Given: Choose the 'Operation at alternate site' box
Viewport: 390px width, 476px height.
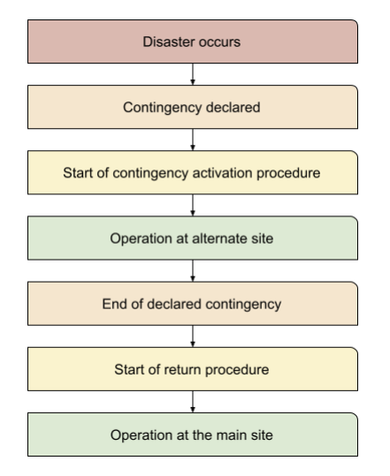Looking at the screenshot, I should (x=194, y=239).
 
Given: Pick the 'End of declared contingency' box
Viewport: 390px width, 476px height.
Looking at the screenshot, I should (x=194, y=305).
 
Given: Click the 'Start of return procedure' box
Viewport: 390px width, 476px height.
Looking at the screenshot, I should (x=194, y=370).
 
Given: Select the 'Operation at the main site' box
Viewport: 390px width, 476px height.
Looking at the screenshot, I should (x=194, y=434).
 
